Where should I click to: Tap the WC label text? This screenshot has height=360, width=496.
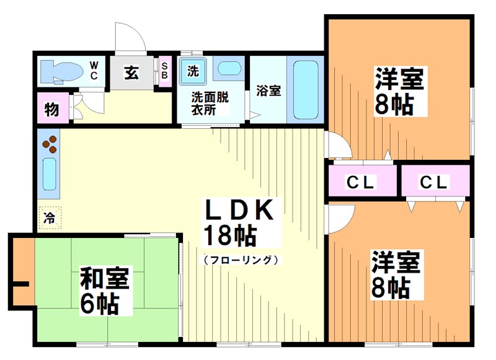click(x=94, y=69)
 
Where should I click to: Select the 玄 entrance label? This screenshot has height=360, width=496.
click(x=131, y=72)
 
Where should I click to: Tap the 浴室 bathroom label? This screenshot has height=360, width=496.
click(x=268, y=90)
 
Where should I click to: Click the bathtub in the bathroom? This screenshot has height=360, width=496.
click(x=305, y=90)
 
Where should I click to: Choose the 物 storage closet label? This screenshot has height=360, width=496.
click(x=51, y=110)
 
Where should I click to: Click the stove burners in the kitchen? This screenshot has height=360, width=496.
click(x=49, y=145)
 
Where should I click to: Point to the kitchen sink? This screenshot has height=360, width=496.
click(x=49, y=175)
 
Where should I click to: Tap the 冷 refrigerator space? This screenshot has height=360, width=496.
click(x=49, y=217)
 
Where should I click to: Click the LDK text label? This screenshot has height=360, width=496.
click(x=239, y=211)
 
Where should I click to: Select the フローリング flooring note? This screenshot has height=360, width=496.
click(x=239, y=260)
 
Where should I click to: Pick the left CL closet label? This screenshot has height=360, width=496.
click(x=360, y=182)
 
